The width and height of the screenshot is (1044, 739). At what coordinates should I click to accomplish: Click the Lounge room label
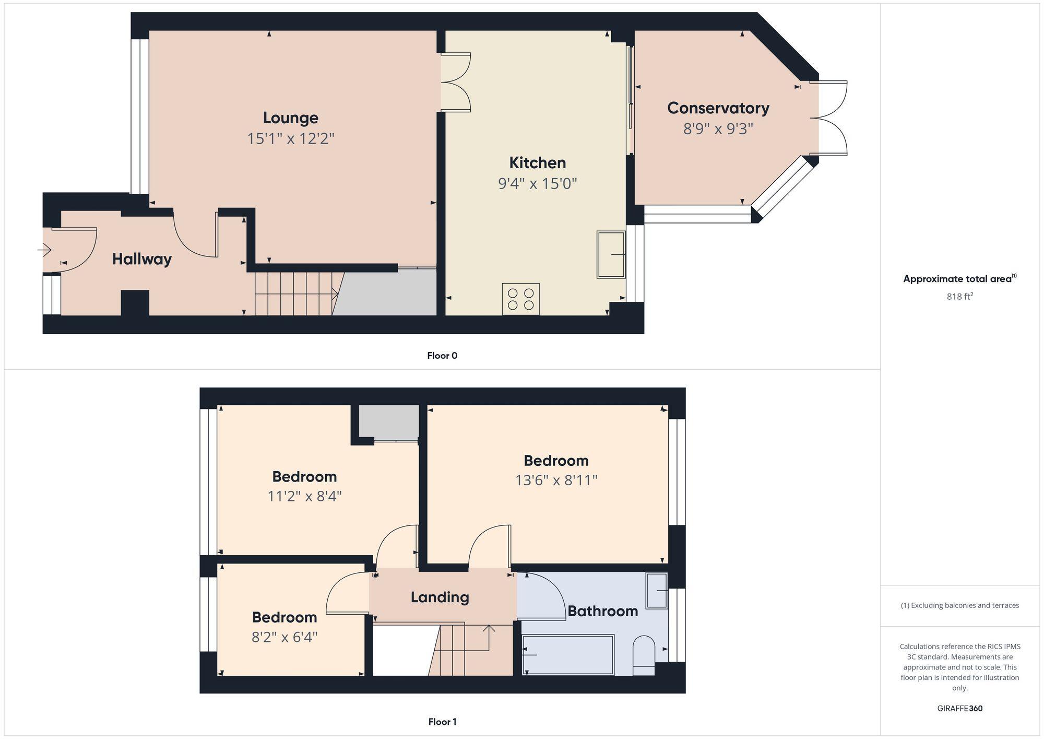290,118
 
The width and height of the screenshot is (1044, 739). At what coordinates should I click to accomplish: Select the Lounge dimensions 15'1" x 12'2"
290,139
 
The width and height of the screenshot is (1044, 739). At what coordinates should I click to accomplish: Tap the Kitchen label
537,163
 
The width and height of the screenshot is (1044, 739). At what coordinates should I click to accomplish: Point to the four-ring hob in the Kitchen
520,299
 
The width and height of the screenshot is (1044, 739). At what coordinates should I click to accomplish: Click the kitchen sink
611,254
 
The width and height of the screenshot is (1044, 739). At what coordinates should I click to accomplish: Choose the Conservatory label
718,108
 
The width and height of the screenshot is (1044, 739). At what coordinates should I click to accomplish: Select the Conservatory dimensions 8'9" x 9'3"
718,129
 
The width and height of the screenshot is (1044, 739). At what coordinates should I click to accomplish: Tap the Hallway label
141,259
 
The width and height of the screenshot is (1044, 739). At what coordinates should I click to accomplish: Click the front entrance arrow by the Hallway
45,251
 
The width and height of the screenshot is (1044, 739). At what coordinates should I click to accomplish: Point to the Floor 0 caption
442,356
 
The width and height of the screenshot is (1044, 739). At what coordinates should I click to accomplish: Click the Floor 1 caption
442,722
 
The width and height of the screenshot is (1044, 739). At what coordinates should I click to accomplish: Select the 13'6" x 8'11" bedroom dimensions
556,480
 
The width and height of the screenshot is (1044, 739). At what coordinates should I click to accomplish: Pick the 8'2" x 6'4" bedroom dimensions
284,637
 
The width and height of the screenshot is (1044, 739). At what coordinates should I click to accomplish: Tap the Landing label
440,597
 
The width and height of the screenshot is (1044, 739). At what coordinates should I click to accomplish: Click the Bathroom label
602,611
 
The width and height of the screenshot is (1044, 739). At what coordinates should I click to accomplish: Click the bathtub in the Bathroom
568,654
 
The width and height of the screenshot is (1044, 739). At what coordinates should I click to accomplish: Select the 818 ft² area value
959,297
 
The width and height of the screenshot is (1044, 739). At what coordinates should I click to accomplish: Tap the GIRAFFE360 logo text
959,709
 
